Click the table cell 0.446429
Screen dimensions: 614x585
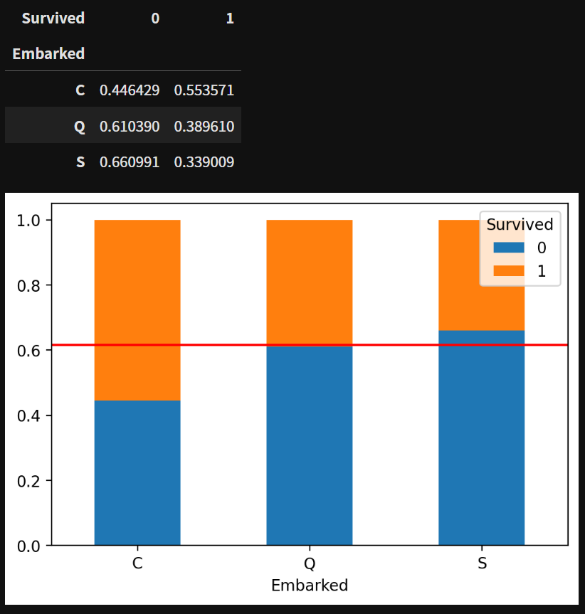[130, 90]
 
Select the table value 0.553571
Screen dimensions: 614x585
[204, 90]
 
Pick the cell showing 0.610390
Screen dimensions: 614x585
[130, 127]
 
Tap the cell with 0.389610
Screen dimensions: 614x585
[204, 127]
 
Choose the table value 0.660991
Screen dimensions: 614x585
[130, 162]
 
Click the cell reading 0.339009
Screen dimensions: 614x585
[204, 162]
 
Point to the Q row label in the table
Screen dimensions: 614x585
[80, 127]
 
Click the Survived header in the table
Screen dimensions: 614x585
[53, 18]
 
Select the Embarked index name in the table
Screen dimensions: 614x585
[48, 54]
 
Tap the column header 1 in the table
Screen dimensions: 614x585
[229, 18]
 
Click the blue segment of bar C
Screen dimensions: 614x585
[137, 473]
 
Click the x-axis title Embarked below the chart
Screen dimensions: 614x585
[310, 586]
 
